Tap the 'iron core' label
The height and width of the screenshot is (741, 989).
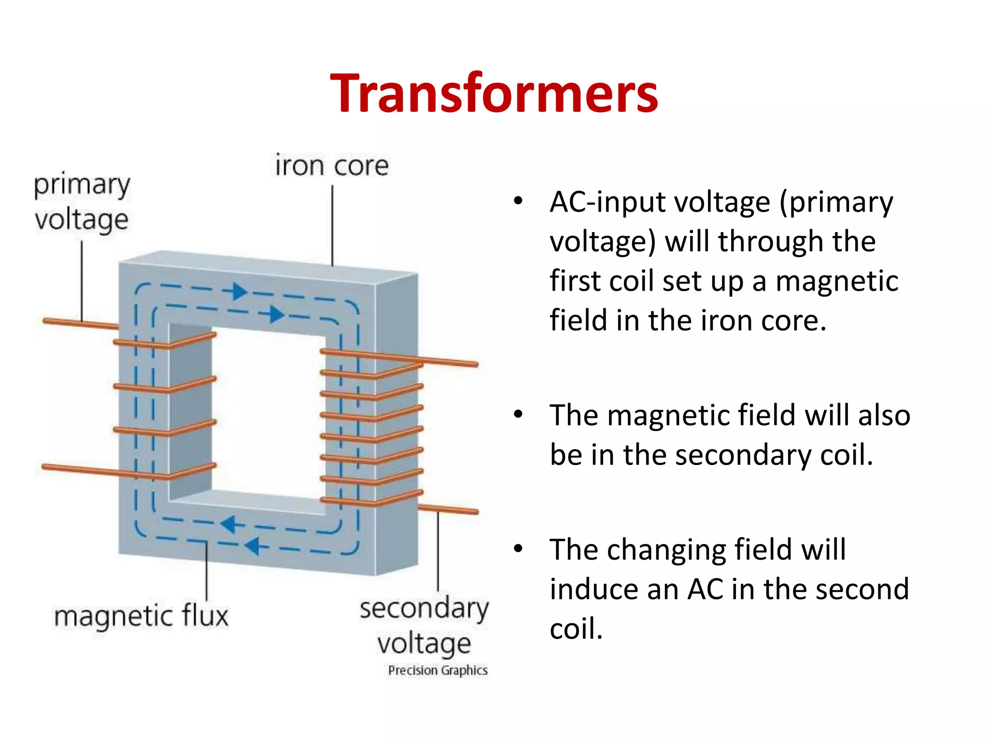[x=332, y=165]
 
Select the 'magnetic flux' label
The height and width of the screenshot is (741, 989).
[x=141, y=617]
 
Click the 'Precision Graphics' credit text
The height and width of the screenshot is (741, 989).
[x=438, y=671]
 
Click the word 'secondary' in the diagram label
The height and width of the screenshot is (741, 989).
[x=424, y=609]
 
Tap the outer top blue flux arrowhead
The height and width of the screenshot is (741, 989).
[x=239, y=291]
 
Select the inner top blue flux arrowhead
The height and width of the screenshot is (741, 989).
[x=276, y=314]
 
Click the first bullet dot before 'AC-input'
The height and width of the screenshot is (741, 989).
[x=518, y=201]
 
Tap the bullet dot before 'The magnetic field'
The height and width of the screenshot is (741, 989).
[x=518, y=414]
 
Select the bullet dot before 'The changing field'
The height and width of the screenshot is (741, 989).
[x=518, y=549]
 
